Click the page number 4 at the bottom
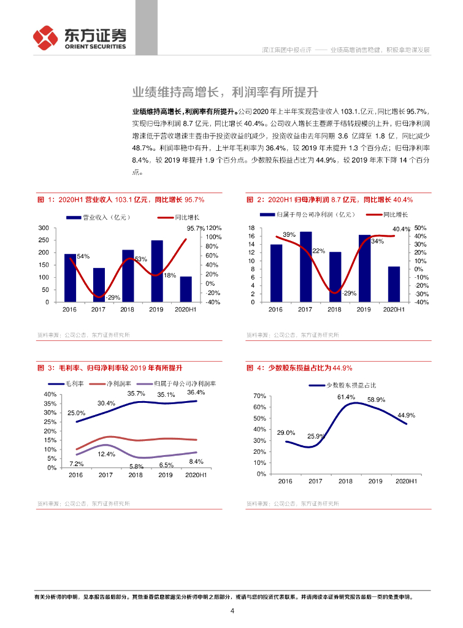232,611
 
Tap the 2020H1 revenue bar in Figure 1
186,289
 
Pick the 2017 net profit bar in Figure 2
305,267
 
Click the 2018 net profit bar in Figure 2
335,277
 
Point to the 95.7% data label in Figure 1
196,229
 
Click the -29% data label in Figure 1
112,297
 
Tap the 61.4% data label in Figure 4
346,397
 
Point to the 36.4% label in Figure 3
196,392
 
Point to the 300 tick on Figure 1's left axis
44,228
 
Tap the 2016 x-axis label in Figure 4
285,482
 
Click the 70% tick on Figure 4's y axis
259,396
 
